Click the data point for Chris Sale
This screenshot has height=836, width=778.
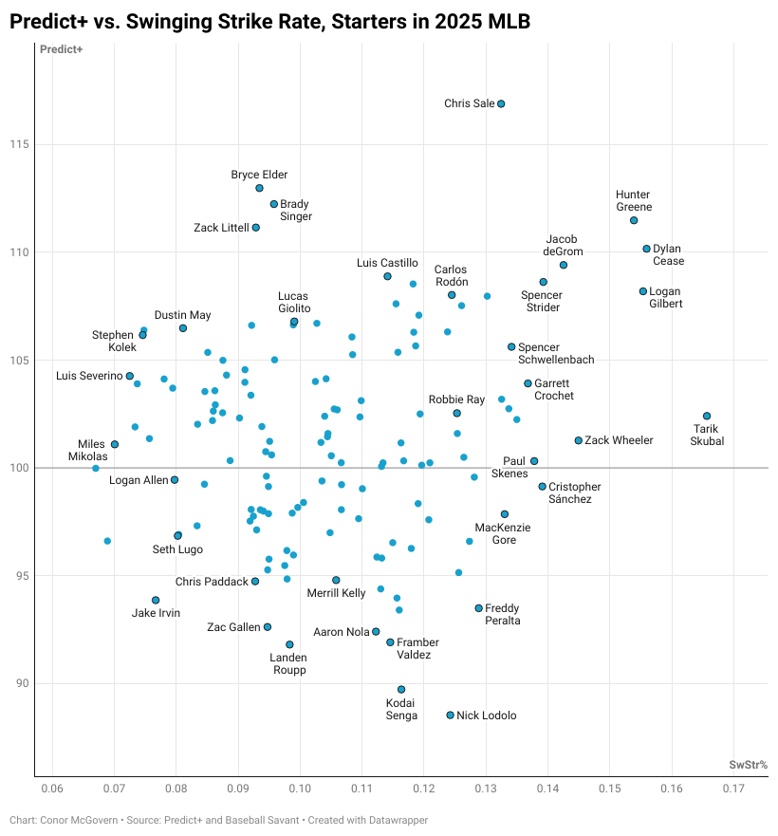(x=501, y=103)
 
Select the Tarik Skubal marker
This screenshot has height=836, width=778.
(x=707, y=416)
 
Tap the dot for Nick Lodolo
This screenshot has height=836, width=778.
(x=451, y=715)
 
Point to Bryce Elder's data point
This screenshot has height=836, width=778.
(x=259, y=188)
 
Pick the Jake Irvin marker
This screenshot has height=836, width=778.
(x=156, y=600)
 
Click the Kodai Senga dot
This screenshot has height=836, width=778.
(x=401, y=689)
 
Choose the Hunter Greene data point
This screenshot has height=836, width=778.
(x=634, y=220)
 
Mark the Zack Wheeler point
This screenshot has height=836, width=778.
(x=579, y=440)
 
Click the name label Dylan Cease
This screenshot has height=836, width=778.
(x=668, y=255)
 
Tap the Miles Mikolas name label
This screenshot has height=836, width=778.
(x=93, y=450)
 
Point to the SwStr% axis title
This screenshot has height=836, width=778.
(x=748, y=764)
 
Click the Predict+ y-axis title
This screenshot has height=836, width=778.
(x=61, y=49)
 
